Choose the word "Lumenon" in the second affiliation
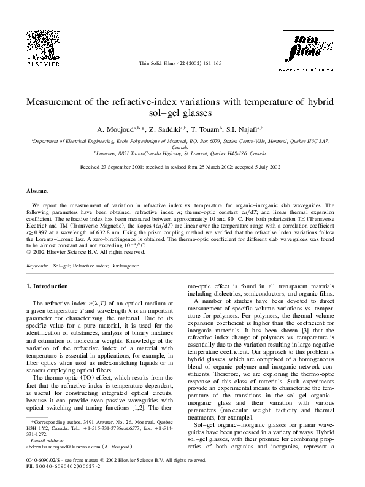[x=109, y=154]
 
